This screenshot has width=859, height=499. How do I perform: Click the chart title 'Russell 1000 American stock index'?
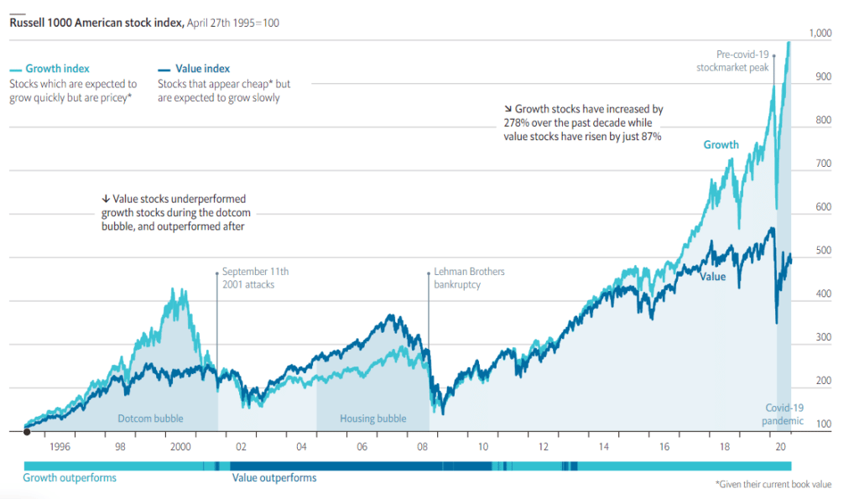(96, 23)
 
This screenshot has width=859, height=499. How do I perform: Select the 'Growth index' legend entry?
(57, 69)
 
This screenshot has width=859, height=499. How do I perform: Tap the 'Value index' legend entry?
(199, 69)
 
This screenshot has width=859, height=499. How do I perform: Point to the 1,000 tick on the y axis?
(820, 34)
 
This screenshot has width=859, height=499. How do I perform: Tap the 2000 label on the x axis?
(180, 447)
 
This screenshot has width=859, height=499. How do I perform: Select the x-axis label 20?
(780, 447)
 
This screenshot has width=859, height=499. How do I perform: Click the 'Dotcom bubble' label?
(150, 418)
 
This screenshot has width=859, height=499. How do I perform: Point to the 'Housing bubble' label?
(372, 418)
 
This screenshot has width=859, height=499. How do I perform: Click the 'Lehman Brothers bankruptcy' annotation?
(469, 278)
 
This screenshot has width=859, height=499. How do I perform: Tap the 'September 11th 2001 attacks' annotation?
(255, 278)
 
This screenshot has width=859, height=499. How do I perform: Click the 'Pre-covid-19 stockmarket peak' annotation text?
(732, 61)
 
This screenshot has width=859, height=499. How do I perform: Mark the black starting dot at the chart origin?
(27, 432)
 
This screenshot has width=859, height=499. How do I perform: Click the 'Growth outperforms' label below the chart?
(70, 478)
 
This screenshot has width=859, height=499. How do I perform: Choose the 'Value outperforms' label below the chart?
(274, 478)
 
